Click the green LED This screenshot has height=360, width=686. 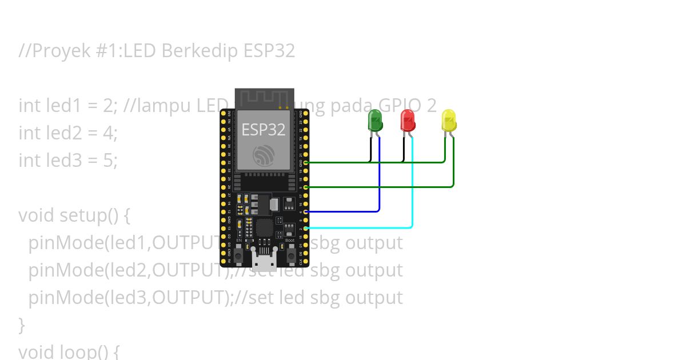pyautogui.click(x=375, y=121)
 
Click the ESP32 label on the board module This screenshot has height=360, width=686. pyautogui.click(x=263, y=130)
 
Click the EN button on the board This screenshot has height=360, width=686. pyautogui.click(x=238, y=251)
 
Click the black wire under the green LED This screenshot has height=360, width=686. pyautogui.click(x=370, y=150)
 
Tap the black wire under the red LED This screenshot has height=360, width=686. pyautogui.click(x=404, y=150)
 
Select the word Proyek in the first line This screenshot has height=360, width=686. pyautogui.click(x=57, y=51)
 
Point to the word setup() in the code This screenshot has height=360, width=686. pyautogui.click(x=90, y=215)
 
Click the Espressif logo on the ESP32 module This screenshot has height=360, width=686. pyautogui.click(x=264, y=155)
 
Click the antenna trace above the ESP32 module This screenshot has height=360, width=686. pyautogui.click(x=264, y=98)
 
